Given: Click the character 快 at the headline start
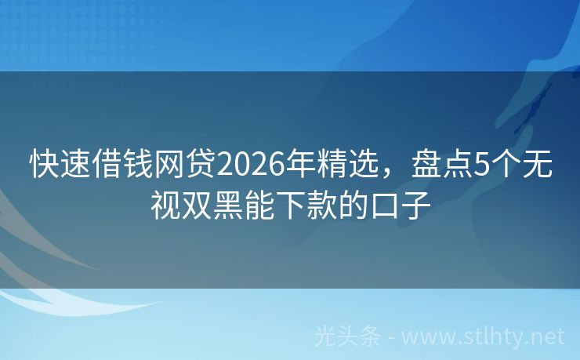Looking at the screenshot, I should point(45,165).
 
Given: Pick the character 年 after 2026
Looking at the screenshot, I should point(299,165).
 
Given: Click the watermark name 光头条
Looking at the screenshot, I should point(347,336).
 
